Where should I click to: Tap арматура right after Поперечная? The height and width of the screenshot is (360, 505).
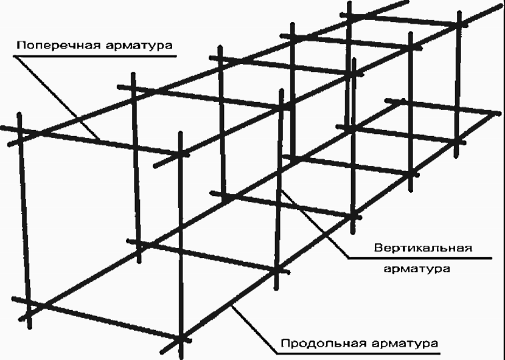coord(139,46)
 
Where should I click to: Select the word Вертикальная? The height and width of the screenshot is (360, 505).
coord(423,248)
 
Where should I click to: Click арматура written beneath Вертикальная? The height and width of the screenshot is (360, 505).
coord(417,269)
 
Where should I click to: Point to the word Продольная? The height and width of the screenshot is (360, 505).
coord(323,343)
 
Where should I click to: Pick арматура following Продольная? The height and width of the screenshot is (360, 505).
coord(405,344)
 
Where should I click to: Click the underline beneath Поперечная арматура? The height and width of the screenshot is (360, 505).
coord(95,57)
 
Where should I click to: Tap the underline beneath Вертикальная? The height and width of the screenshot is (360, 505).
coord(420,258)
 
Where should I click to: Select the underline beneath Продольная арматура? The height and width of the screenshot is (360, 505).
coord(358,353)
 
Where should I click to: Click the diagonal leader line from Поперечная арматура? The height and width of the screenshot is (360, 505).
coord(57,98)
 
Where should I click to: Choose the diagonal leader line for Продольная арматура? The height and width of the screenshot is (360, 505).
coord(254,329)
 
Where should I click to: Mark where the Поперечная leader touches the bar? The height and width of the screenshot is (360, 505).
coord(100,140)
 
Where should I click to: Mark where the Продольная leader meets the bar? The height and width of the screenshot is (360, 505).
coord(232,305)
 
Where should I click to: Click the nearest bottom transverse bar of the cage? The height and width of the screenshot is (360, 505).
coord(102,319)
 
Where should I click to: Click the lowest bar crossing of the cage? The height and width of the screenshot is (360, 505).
coord(181,339)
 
